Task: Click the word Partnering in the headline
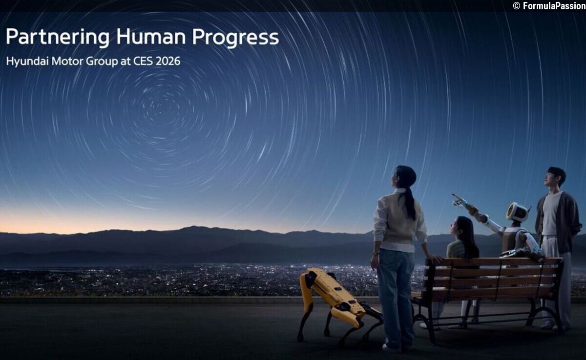58,37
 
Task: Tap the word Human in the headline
151,36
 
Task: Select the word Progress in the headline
235,37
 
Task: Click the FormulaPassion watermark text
554,6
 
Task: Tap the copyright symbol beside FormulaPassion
516,6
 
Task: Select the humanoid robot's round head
517,212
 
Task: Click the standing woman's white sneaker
392,348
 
